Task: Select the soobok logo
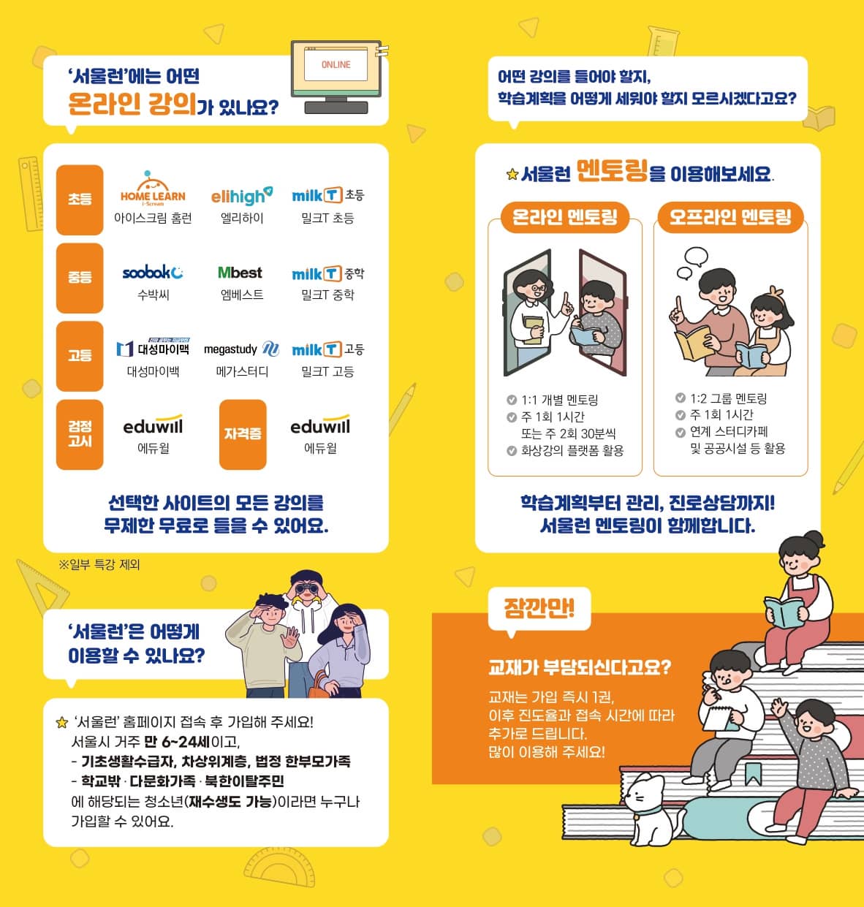coord(153,273)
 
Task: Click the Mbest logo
coord(240,273)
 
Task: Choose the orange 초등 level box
coord(80,199)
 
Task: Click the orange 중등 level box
coord(80,277)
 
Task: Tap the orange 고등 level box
coord(80,356)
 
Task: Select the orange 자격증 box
coord(242,434)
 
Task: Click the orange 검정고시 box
coord(80,434)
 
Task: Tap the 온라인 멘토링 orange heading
coord(564,217)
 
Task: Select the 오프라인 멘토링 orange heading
coord(730,217)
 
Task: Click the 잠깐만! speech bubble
coord(539,608)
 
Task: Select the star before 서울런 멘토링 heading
coord(512,175)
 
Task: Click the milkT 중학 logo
coord(327,274)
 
